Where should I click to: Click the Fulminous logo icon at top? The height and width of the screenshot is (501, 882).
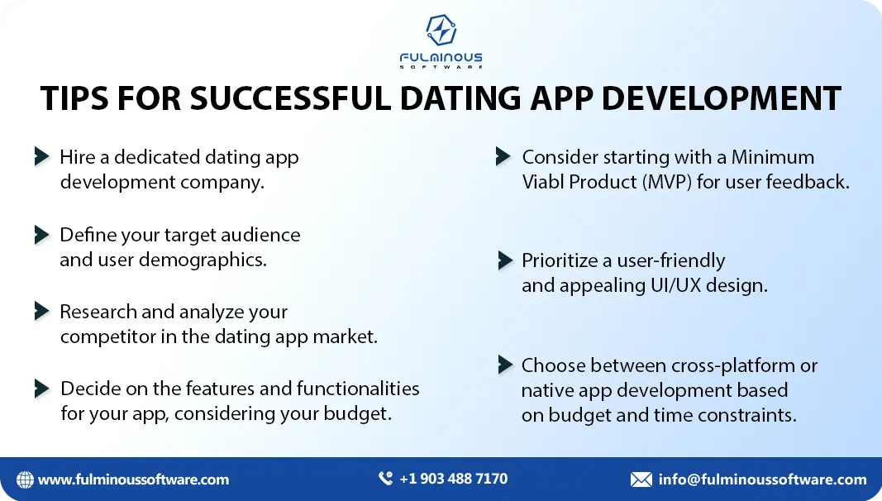tap(441, 30)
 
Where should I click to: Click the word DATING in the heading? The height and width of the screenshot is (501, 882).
tap(461, 98)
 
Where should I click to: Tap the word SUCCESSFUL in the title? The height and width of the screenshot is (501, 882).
tap(290, 98)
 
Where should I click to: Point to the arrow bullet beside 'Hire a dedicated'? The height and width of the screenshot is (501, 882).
tap(41, 156)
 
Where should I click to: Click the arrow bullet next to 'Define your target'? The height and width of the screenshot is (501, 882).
tap(41, 235)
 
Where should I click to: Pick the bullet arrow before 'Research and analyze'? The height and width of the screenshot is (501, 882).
tap(41, 311)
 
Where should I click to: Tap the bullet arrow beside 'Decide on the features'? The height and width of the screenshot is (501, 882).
tap(41, 388)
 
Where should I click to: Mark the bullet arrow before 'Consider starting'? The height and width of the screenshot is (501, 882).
tap(503, 156)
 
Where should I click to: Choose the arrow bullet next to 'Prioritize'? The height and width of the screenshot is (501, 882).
tap(506, 260)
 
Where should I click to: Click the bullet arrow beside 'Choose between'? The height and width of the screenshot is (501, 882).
tap(506, 365)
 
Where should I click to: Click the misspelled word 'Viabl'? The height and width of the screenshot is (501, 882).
tap(543, 182)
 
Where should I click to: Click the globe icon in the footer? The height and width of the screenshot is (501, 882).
tap(25, 480)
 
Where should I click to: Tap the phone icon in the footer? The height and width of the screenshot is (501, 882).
tap(385, 479)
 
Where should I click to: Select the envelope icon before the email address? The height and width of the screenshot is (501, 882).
tap(641, 480)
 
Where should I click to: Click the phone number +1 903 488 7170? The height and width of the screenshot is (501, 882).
tap(453, 479)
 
